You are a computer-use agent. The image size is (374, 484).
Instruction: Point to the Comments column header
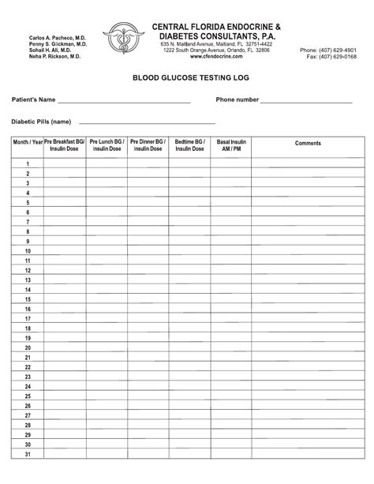pyautogui.click(x=308, y=144)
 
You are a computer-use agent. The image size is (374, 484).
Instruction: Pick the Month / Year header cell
pyautogui.click(x=27, y=144)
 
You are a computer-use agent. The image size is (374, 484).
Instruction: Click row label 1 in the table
pyautogui.click(x=27, y=163)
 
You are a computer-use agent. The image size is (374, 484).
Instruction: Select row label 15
pyautogui.click(x=27, y=298)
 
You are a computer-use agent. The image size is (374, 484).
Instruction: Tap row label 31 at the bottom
pyautogui.click(x=27, y=454)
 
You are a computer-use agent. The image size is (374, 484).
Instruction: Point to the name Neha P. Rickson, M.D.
pyautogui.click(x=54, y=57)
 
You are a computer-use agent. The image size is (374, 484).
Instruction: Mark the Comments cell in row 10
pyautogui.click(x=308, y=250)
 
